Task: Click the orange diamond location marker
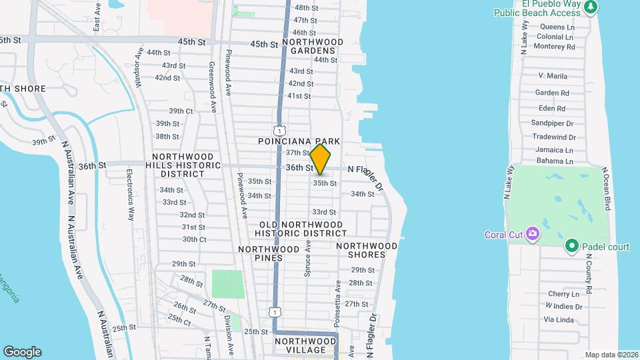tap(321, 159)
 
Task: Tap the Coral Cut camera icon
tap(533, 233)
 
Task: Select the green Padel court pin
tap(571, 247)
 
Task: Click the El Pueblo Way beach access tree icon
tap(589, 7)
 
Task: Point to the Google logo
tap(22, 352)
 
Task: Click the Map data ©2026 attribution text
tap(611, 355)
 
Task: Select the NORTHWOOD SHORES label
tap(367, 250)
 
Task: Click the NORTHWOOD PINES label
tap(269, 249)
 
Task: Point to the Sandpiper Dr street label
tap(552, 123)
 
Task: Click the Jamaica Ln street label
tap(554, 149)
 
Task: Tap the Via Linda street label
tap(559, 320)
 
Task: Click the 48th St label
tap(305, 8)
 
